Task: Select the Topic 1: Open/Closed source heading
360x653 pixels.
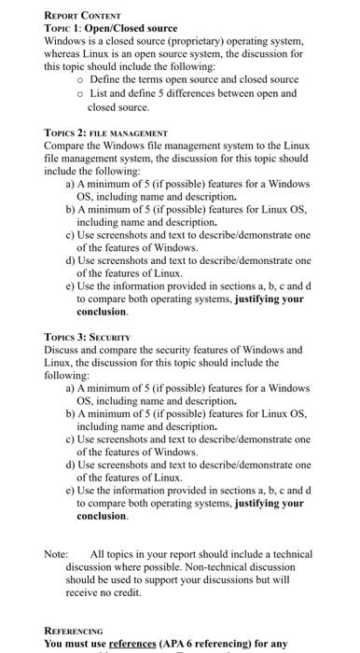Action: pyautogui.click(x=111, y=28)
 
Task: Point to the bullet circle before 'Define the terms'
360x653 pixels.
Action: pyautogui.click(x=81, y=81)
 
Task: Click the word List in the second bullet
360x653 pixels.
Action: pyautogui.click(x=100, y=94)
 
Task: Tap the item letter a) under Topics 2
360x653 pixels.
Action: pyautogui.click(x=70, y=186)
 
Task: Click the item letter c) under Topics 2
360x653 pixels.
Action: pyautogui.click(x=70, y=237)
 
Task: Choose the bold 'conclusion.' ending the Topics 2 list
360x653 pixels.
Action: pyautogui.click(x=102, y=313)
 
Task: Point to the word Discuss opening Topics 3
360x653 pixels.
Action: pyautogui.click(x=63, y=350)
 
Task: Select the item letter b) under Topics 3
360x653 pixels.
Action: pyautogui.click(x=70, y=412)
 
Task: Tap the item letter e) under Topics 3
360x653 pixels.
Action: pyautogui.click(x=70, y=489)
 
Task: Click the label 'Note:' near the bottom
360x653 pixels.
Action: pyautogui.click(x=56, y=553)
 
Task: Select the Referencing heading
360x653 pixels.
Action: pyautogui.click(x=74, y=632)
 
